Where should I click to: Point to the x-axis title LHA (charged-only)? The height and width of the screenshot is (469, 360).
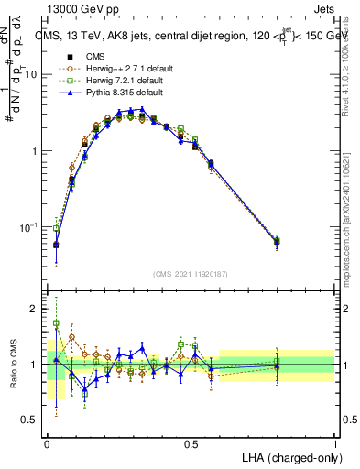[285, 456]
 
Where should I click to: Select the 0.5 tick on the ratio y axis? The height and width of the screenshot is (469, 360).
[33, 420]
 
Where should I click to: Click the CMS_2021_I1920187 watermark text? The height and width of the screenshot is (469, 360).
[191, 273]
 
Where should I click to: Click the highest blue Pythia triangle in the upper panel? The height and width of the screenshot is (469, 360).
[141, 109]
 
